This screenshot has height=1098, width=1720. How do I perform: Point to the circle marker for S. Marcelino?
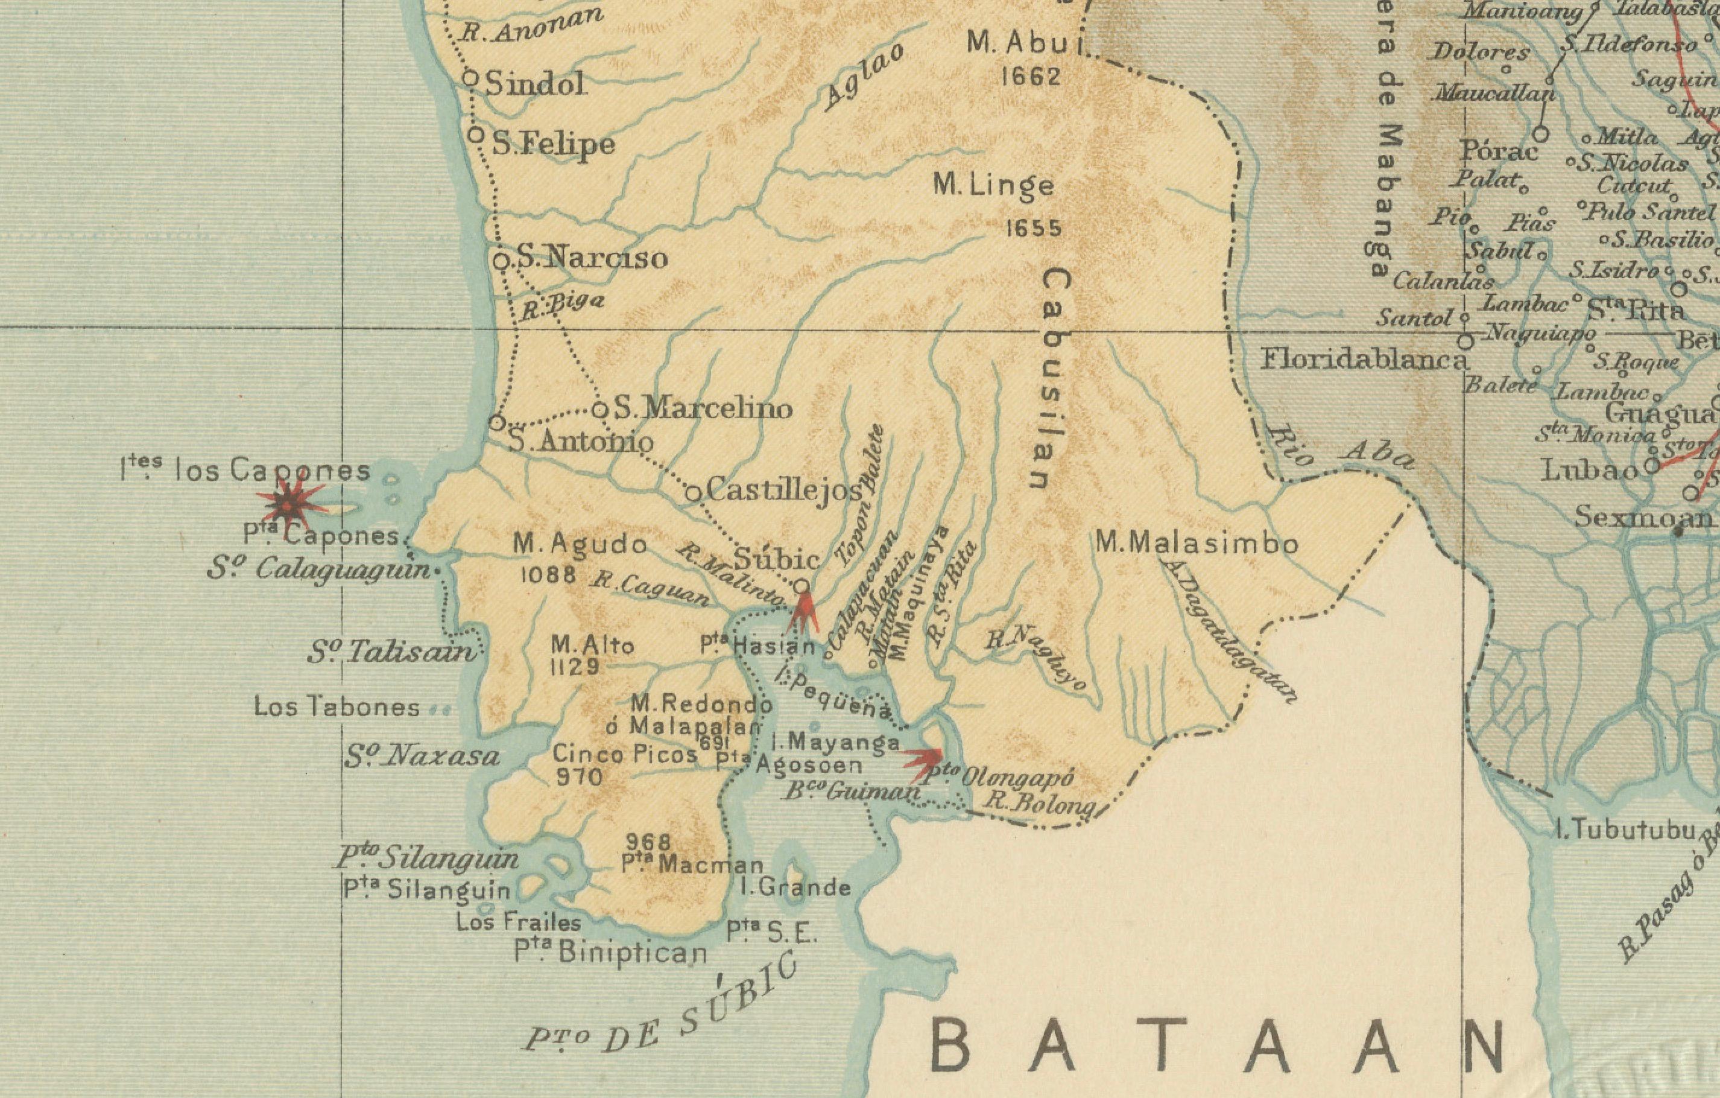pos(601,410)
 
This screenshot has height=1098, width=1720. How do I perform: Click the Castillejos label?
pos(783,490)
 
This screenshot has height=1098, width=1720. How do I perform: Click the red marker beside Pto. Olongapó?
pos(925,761)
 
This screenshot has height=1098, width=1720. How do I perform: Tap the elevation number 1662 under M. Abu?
pos(1031,77)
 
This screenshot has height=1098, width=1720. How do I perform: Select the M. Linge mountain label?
pos(993,186)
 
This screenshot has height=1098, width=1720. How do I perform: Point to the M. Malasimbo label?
pos(1197,544)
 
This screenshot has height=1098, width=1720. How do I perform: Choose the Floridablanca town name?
pos(1363,358)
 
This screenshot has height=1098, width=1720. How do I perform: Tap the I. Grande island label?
pos(795,887)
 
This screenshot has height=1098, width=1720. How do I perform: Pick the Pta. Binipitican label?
pos(611,952)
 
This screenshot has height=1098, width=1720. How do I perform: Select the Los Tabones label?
pos(337,707)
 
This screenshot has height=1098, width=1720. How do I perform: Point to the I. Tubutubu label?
pos(1626,830)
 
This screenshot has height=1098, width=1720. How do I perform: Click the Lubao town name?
pos(1590,470)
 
